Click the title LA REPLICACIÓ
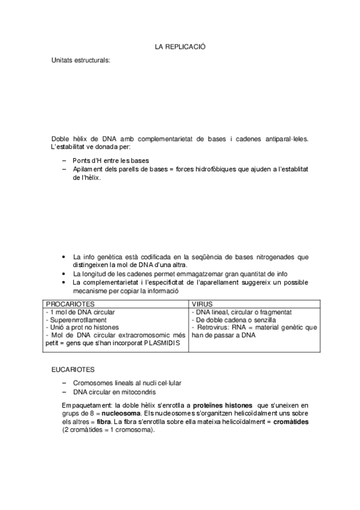tap(180, 46)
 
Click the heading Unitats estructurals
tap(81, 61)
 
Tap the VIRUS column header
tap(203, 304)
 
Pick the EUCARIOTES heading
tap(73, 369)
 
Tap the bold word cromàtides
tap(287, 422)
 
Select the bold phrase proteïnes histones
tap(224, 405)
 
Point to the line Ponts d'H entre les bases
tap(111, 161)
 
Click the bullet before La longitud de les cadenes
tap(65, 273)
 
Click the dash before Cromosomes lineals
tap(65, 382)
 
